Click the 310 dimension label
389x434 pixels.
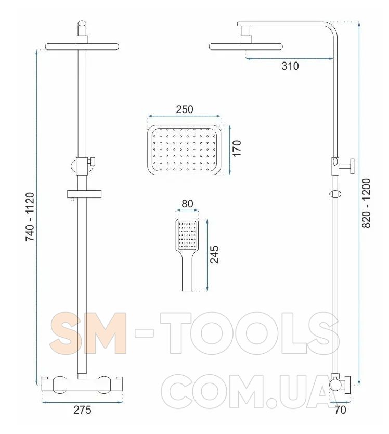coord(290,66)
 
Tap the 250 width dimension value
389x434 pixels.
coord(185,109)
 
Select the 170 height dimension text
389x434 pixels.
coord(237,148)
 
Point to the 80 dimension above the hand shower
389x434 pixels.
coord(187,204)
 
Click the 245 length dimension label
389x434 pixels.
coord(214,254)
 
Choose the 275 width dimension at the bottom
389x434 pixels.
coord(82,410)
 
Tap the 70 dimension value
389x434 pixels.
coord(340,410)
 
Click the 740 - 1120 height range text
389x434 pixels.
coord(30,217)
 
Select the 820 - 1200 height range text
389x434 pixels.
coord(366,203)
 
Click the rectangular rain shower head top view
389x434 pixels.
coord(185,150)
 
